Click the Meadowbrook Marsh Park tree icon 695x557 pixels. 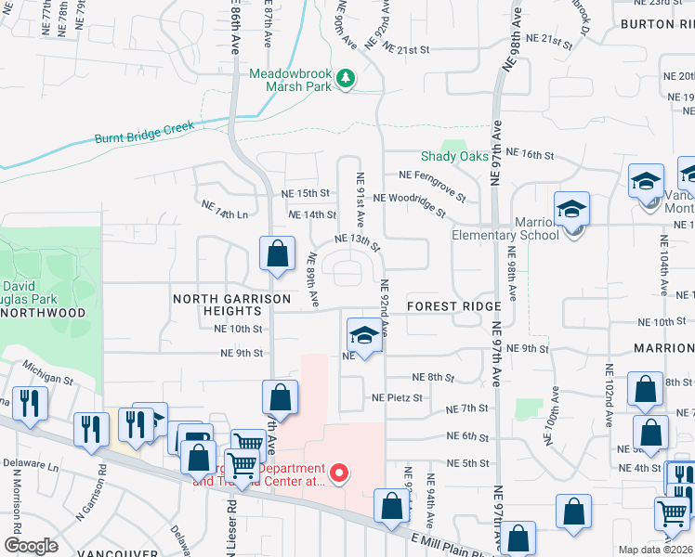pos(346,78)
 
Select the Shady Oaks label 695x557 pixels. pos(454,156)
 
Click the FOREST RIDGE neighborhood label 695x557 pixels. pos(454,306)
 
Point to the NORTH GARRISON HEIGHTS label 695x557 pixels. pos(232,305)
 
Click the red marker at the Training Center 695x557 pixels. pos(339,473)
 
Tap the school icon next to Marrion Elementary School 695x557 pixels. pos(572,211)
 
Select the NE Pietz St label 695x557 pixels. pos(397,397)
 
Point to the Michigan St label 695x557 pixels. pos(48,372)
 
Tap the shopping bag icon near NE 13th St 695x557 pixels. pos(277,253)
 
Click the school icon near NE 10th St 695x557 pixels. pos(365,335)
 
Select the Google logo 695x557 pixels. pos(31,546)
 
